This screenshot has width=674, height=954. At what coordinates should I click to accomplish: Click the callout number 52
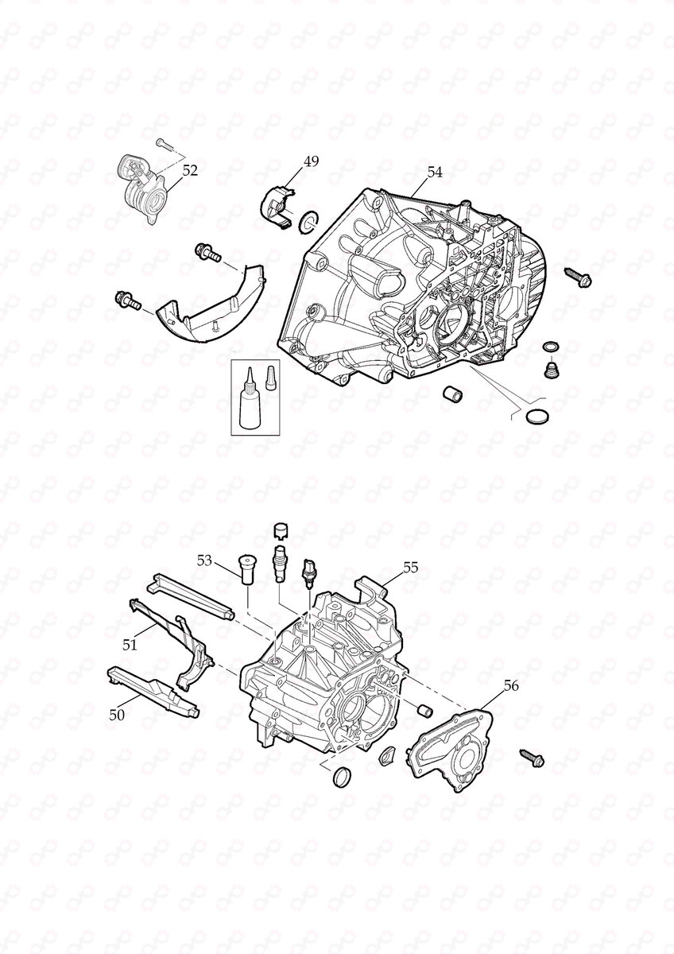190,169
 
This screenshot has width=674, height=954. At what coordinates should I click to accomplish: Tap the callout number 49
311,161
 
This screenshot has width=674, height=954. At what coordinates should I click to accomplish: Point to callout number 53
205,560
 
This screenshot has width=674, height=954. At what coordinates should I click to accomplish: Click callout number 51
130,645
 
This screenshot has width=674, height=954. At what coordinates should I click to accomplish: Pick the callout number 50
117,715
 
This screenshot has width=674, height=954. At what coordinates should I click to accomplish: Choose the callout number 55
410,568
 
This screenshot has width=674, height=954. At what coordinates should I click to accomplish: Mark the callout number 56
512,685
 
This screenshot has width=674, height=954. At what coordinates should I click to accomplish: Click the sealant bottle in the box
250,405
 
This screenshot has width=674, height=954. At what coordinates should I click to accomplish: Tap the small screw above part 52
163,144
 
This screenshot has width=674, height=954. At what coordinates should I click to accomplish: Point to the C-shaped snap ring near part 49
308,223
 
